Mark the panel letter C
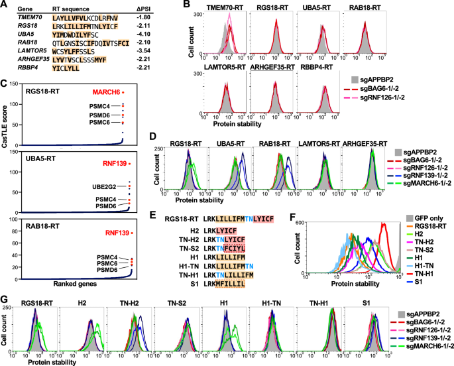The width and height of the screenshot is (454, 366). [x=5, y=83]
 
